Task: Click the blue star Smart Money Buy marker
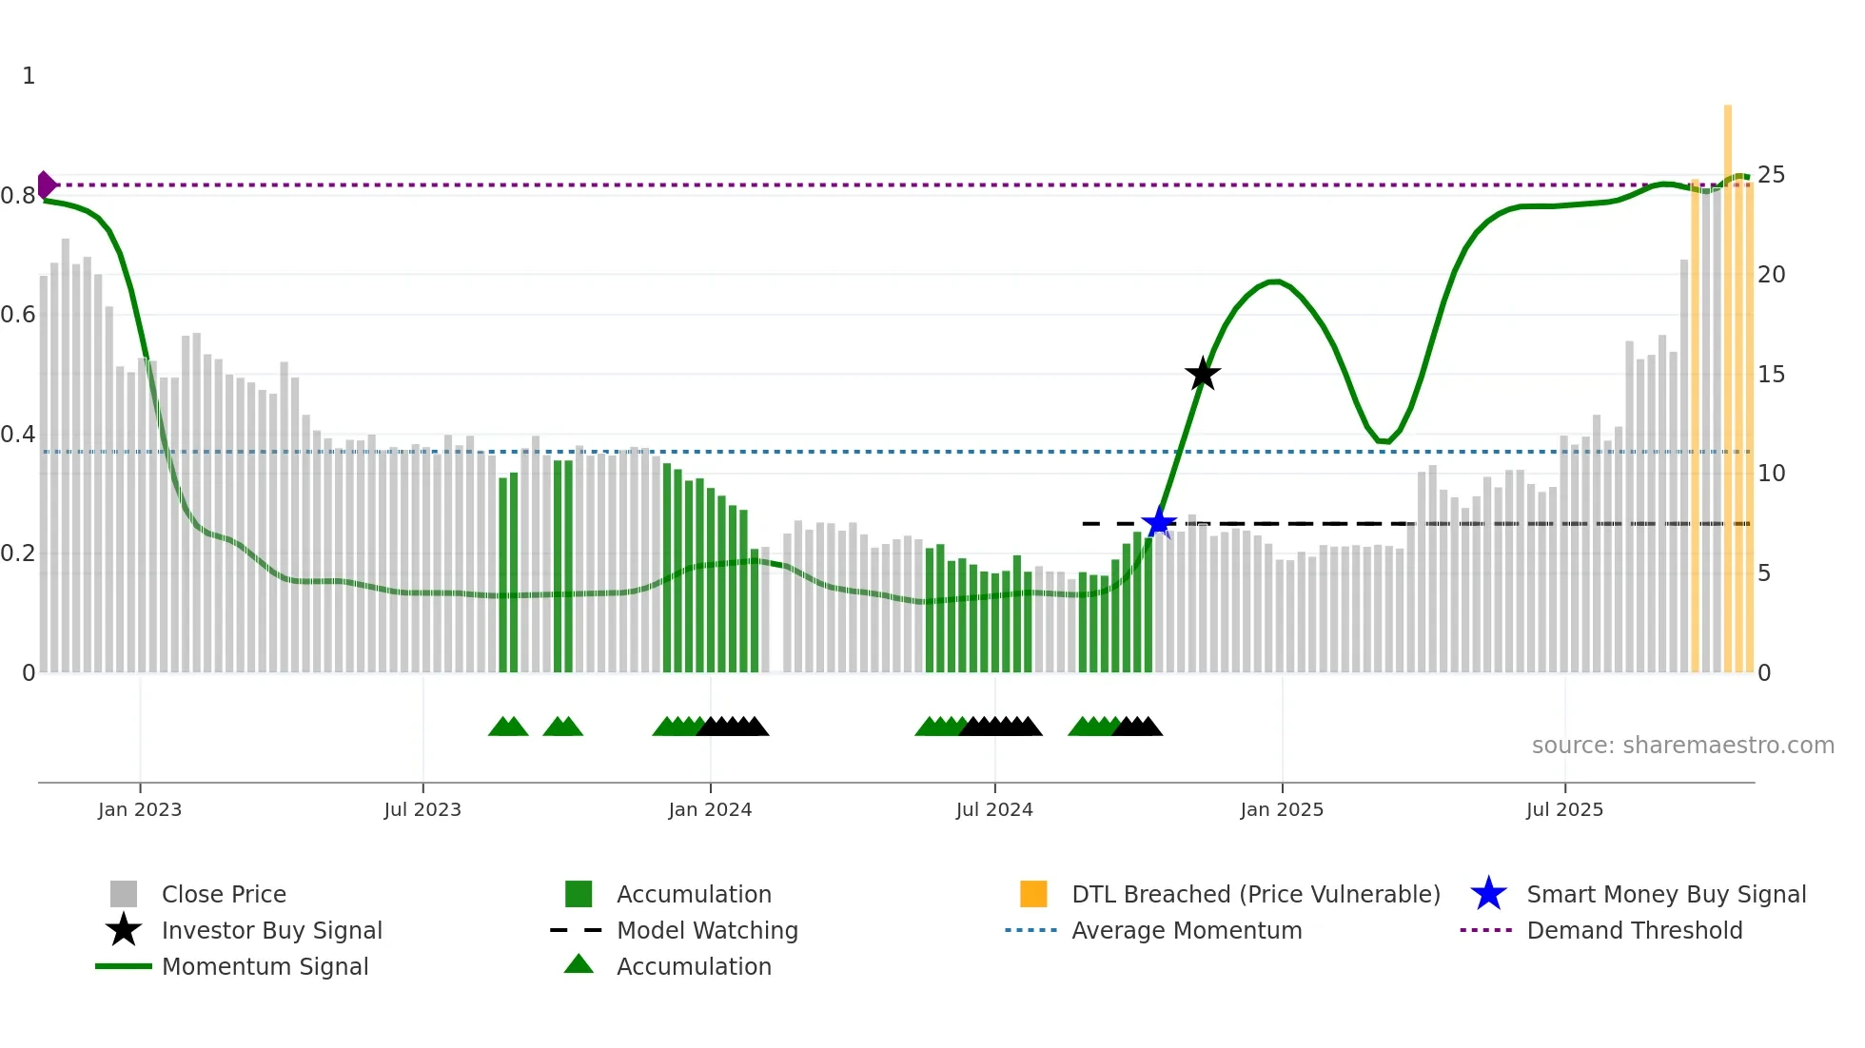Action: (1158, 522)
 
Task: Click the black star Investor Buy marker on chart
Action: (1203, 374)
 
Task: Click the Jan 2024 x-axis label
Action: (710, 809)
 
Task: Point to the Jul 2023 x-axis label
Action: (422, 809)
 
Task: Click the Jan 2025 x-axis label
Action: (1282, 809)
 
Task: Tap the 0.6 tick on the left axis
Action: (19, 315)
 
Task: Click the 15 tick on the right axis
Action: (1771, 375)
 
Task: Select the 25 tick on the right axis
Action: (1771, 175)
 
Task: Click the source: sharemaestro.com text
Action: (1682, 746)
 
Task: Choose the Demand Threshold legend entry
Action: (1634, 930)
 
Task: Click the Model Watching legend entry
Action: (706, 930)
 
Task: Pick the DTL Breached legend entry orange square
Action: (1033, 894)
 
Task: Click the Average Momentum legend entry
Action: (1186, 930)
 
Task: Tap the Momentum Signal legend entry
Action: (265, 966)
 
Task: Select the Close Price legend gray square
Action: (124, 894)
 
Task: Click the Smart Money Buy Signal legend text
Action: (1665, 894)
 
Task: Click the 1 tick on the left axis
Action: (29, 76)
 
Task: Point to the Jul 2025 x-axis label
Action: (1564, 809)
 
